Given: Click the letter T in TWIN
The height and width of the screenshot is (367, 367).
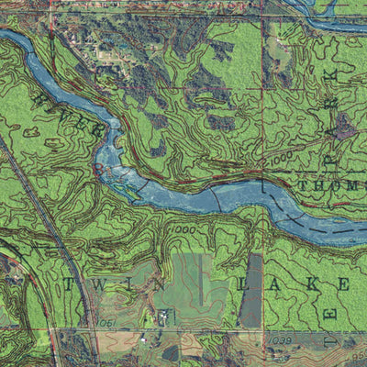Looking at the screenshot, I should pyautogui.click(x=69, y=284).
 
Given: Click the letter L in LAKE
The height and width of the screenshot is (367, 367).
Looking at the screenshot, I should pyautogui.click(x=242, y=284).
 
